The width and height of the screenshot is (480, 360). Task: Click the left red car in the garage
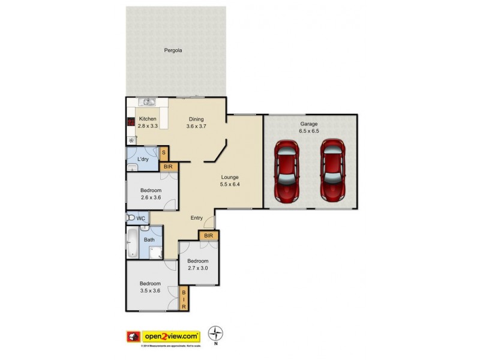(286, 171)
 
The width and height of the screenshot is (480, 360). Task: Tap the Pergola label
(173, 50)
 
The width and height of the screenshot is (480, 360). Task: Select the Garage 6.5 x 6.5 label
(309, 128)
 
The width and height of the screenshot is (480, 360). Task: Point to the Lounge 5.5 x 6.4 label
(230, 181)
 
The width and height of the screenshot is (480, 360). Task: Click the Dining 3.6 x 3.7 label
(196, 122)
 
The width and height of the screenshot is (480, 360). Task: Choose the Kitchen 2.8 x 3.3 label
(148, 122)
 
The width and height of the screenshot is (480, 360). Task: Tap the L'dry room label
(143, 159)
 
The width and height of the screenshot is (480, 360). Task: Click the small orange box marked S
(163, 154)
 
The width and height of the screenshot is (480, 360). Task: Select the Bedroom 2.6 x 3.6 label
(151, 193)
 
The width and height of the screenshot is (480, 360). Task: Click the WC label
(142, 218)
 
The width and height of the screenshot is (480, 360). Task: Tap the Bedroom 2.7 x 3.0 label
(197, 265)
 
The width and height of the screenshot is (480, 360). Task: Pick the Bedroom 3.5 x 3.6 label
(150, 287)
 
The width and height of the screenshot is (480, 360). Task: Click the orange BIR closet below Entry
(208, 236)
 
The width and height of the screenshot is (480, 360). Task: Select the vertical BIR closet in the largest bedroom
(184, 298)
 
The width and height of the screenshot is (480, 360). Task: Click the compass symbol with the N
(215, 334)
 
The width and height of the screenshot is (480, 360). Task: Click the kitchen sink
(146, 102)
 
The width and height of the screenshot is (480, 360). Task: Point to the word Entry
(197, 218)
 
